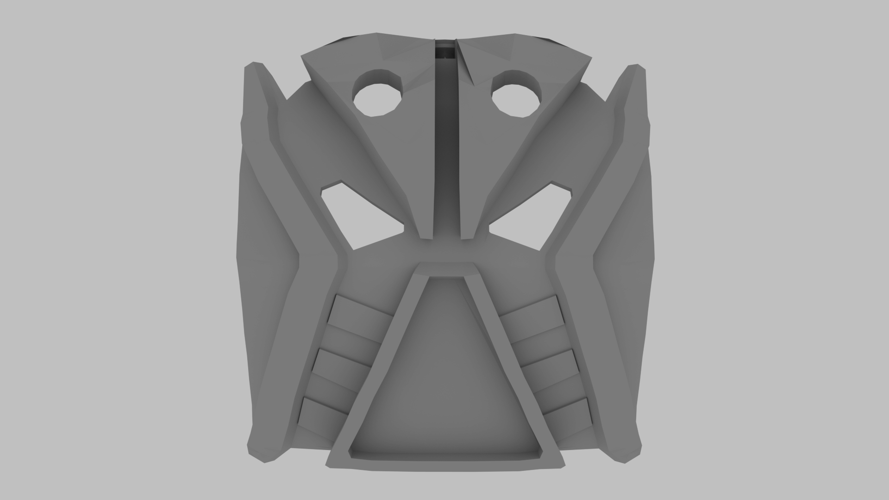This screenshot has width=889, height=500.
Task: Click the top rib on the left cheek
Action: (x=362, y=314)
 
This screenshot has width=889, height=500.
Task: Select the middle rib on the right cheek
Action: (x=549, y=366)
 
